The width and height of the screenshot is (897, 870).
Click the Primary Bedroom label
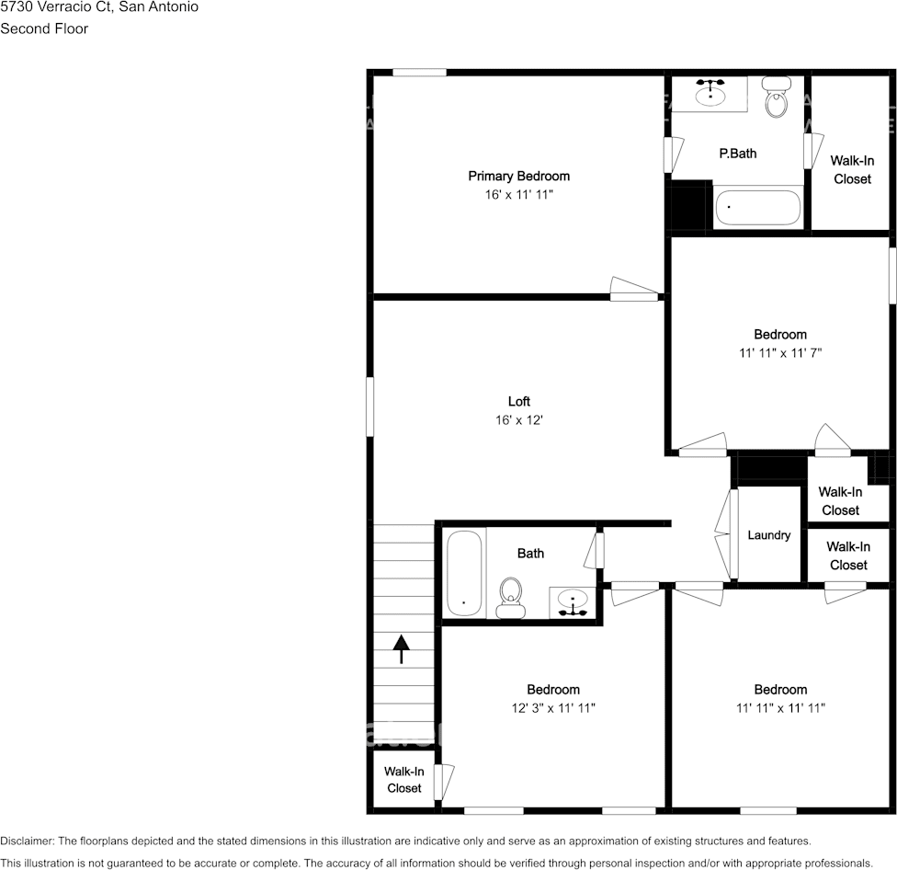[x=518, y=176]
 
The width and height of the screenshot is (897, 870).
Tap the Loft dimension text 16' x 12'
[x=519, y=420]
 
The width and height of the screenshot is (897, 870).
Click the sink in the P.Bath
[x=709, y=93]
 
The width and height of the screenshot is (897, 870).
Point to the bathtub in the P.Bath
[x=758, y=208]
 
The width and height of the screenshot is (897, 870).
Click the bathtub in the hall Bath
[x=463, y=574]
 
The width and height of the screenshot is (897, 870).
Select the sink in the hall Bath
[x=573, y=602]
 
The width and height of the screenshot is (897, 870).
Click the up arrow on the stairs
[x=401, y=648]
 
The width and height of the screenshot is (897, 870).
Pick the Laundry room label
[x=769, y=534]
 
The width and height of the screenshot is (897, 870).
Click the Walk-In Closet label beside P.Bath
[x=852, y=169]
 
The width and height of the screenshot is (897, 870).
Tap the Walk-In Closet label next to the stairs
[x=403, y=780]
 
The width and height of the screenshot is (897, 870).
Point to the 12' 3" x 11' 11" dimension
[x=553, y=708]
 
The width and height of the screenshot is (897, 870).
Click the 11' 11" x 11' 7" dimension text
[x=780, y=352]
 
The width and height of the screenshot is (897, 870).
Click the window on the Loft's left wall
[x=370, y=406]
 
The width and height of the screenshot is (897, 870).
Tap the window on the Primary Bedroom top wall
[x=419, y=72]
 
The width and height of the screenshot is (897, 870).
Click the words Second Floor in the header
[x=44, y=29]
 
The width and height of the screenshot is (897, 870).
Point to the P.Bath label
[x=737, y=154]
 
